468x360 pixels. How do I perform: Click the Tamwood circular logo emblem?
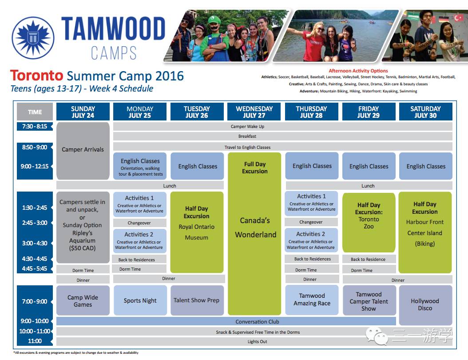(x=33, y=38)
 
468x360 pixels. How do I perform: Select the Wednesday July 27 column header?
(x=254, y=112)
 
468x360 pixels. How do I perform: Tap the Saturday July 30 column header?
(x=425, y=112)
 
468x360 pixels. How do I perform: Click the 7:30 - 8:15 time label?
(x=35, y=126)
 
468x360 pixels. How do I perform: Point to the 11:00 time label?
(x=35, y=341)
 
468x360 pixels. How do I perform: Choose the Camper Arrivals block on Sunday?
(x=83, y=151)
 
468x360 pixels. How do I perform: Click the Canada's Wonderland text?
(x=255, y=228)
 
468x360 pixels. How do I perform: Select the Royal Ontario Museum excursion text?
(x=196, y=232)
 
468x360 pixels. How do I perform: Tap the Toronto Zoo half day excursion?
(x=369, y=223)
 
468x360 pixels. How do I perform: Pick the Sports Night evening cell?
(x=140, y=300)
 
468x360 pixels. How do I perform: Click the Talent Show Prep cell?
(x=197, y=300)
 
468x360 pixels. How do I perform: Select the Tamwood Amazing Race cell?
(x=312, y=300)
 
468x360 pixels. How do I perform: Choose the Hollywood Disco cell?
(x=425, y=305)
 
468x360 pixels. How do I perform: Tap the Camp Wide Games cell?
(x=83, y=300)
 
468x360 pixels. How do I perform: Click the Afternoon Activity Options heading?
(x=358, y=71)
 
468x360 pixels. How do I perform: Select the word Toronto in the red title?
(x=37, y=76)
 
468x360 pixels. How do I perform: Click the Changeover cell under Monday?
(x=140, y=223)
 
